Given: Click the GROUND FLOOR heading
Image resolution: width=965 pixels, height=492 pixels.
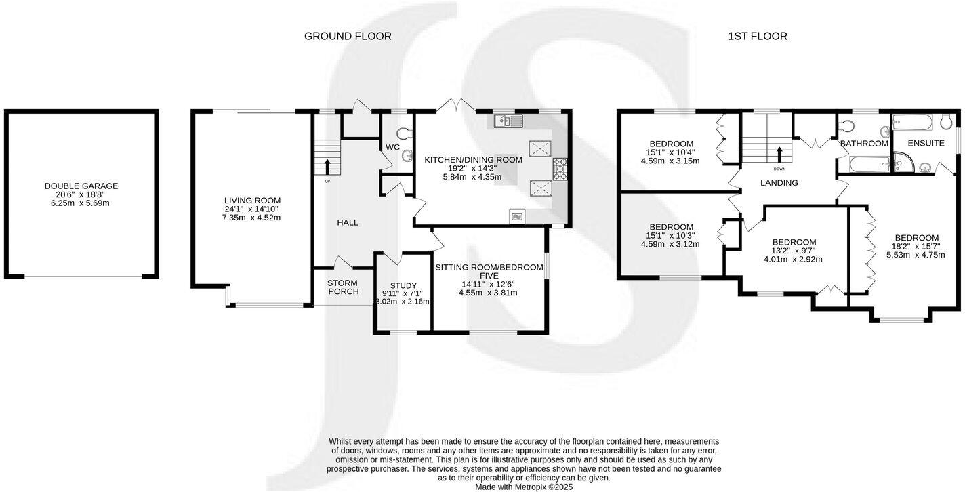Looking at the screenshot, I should click(348, 36).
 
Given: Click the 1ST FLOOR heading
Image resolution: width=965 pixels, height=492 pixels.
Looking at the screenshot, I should click(757, 36).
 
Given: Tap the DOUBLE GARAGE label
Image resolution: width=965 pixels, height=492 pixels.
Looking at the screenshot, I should click(81, 186).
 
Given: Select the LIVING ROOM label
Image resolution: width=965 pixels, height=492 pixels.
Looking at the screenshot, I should click(252, 201).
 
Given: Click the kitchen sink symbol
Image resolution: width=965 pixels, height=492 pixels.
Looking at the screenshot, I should click(508, 121).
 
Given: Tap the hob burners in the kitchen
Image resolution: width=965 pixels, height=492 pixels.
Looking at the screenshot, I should click(561, 169).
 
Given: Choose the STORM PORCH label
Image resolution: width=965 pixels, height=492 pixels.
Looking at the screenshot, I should click(342, 287).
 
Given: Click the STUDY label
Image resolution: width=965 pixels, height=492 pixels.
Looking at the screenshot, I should click(404, 285).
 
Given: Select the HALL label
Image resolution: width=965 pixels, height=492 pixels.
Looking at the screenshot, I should click(348, 222).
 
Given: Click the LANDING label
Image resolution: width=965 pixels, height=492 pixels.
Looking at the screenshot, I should click(779, 183).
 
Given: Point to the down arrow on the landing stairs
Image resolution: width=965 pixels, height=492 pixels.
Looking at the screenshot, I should click(779, 152).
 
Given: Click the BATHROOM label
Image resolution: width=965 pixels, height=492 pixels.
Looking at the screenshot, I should click(864, 144).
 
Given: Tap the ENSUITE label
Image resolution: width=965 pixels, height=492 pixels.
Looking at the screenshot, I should click(926, 144).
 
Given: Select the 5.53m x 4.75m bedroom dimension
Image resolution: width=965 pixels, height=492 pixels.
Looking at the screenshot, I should click(916, 255).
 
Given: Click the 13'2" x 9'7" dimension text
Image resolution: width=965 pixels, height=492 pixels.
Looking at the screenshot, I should click(794, 251).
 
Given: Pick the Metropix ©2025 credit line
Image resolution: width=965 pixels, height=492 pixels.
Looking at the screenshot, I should click(524, 487).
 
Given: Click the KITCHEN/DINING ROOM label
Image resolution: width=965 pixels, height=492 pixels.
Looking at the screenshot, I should click(473, 160).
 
